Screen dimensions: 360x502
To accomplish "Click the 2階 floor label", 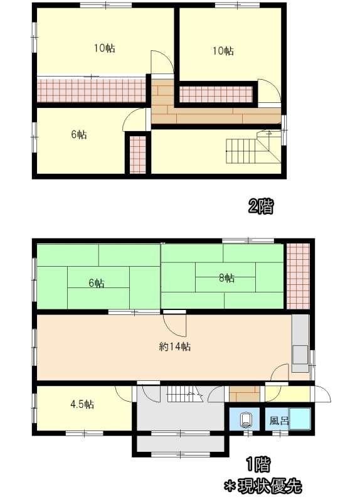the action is point(261,206).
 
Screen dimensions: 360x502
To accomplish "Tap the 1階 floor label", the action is point(258,464).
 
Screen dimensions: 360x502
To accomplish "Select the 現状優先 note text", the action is point(269,486).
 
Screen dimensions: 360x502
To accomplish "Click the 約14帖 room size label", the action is point(175,346).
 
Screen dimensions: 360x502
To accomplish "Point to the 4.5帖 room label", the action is point(82,404).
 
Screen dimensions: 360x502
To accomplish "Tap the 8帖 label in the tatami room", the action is point(226,278).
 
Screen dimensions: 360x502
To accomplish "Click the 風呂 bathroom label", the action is point(279,420).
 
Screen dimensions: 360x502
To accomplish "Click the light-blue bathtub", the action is point(300,419).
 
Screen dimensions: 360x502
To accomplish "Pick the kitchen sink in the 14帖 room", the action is point(300,355).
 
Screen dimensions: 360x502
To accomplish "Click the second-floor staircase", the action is point(253,147).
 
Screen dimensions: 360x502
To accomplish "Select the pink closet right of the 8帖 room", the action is point(298,276).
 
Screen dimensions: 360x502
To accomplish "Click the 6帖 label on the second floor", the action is point(79,134).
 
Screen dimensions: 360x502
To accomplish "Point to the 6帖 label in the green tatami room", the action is point(97,283).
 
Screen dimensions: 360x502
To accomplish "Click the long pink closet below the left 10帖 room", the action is point(91,90).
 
